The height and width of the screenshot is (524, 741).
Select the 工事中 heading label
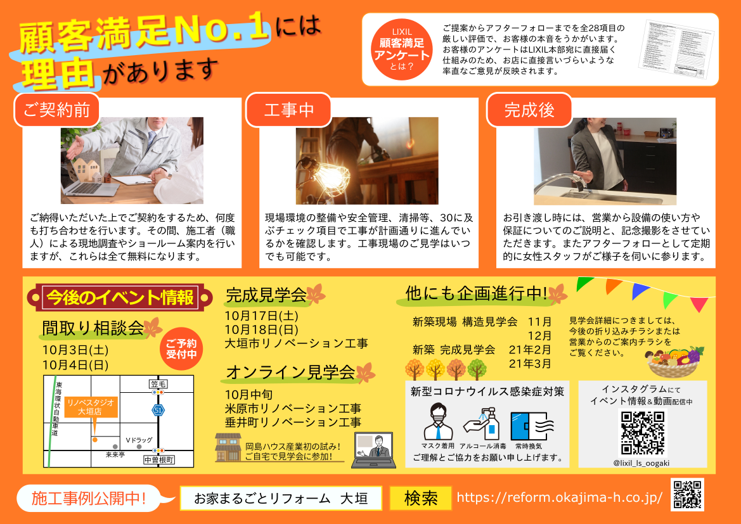[288, 110]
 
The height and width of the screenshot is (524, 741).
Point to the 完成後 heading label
[529, 110]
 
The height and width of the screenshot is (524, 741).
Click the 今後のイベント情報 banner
[120, 297]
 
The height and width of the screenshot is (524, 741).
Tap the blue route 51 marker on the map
[157, 411]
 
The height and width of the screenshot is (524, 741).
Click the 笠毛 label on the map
[158, 384]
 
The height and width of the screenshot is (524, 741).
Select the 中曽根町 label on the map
[158, 460]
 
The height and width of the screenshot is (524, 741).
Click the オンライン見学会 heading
[290, 373]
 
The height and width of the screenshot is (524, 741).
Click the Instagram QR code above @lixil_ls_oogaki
[642, 432]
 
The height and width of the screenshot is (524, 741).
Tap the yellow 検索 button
[420, 499]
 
